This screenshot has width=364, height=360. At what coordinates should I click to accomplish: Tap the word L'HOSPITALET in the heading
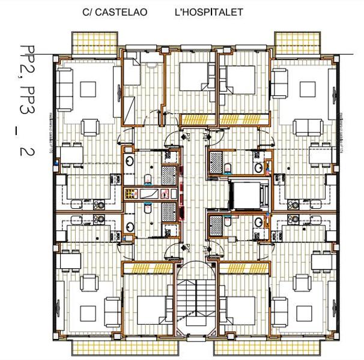[208, 12]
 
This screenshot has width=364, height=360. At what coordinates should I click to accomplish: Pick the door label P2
[187, 247]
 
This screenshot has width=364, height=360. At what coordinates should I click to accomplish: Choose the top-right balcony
[291, 43]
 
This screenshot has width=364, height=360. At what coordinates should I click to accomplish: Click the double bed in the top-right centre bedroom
[240, 78]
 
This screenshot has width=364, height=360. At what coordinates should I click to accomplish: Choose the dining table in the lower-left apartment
[70, 260]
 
